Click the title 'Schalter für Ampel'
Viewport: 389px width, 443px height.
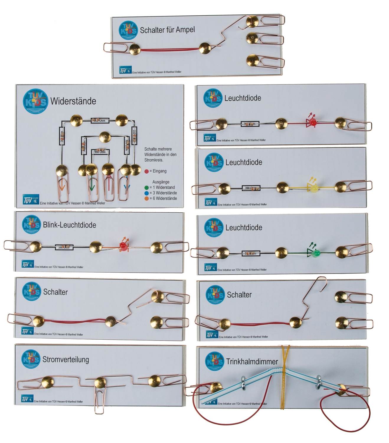167,30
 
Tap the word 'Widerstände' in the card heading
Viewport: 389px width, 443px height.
73,101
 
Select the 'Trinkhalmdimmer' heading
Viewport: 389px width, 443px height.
252,361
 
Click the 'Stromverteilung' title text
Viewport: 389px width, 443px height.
66,359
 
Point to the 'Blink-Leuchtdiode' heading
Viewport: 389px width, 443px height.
69,225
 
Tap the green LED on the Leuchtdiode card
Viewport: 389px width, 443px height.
316,253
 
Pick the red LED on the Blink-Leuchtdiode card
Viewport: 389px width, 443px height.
123,246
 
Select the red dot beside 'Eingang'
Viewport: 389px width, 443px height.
147,171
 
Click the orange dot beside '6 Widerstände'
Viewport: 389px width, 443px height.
147,198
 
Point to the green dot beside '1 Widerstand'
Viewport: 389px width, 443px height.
147,188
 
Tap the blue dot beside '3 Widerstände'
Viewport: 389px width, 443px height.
147,193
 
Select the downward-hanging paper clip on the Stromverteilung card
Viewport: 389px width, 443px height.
99,400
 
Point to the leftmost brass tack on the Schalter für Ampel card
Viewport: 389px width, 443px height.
135,49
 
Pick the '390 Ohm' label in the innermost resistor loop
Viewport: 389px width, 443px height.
100,152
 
